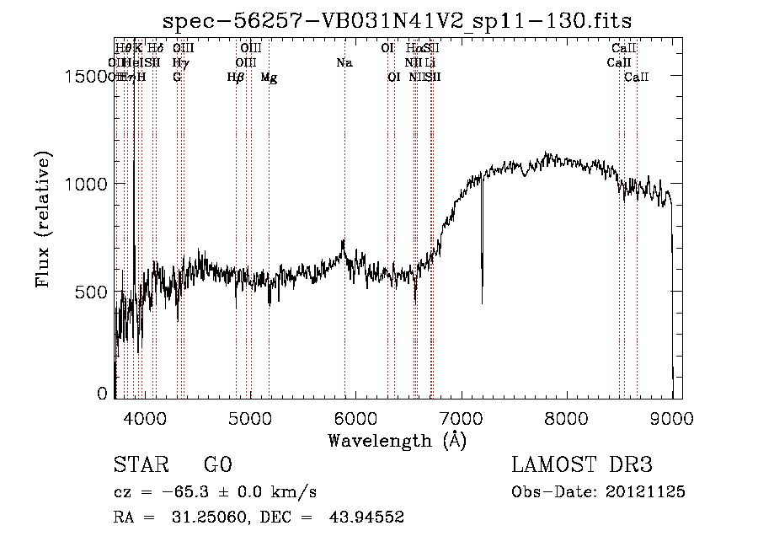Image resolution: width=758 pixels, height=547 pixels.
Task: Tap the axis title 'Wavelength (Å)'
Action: pos(397,440)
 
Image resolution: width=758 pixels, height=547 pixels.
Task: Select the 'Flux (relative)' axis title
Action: pos(43,219)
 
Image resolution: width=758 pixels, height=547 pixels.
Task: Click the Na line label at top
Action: pos(344,63)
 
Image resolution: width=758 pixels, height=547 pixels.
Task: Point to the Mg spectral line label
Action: pos(269,78)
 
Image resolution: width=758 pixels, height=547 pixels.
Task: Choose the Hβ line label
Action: pos(236,78)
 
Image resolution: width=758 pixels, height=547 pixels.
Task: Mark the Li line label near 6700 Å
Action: pos(430,63)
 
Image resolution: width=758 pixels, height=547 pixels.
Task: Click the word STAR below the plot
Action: pos(139,465)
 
